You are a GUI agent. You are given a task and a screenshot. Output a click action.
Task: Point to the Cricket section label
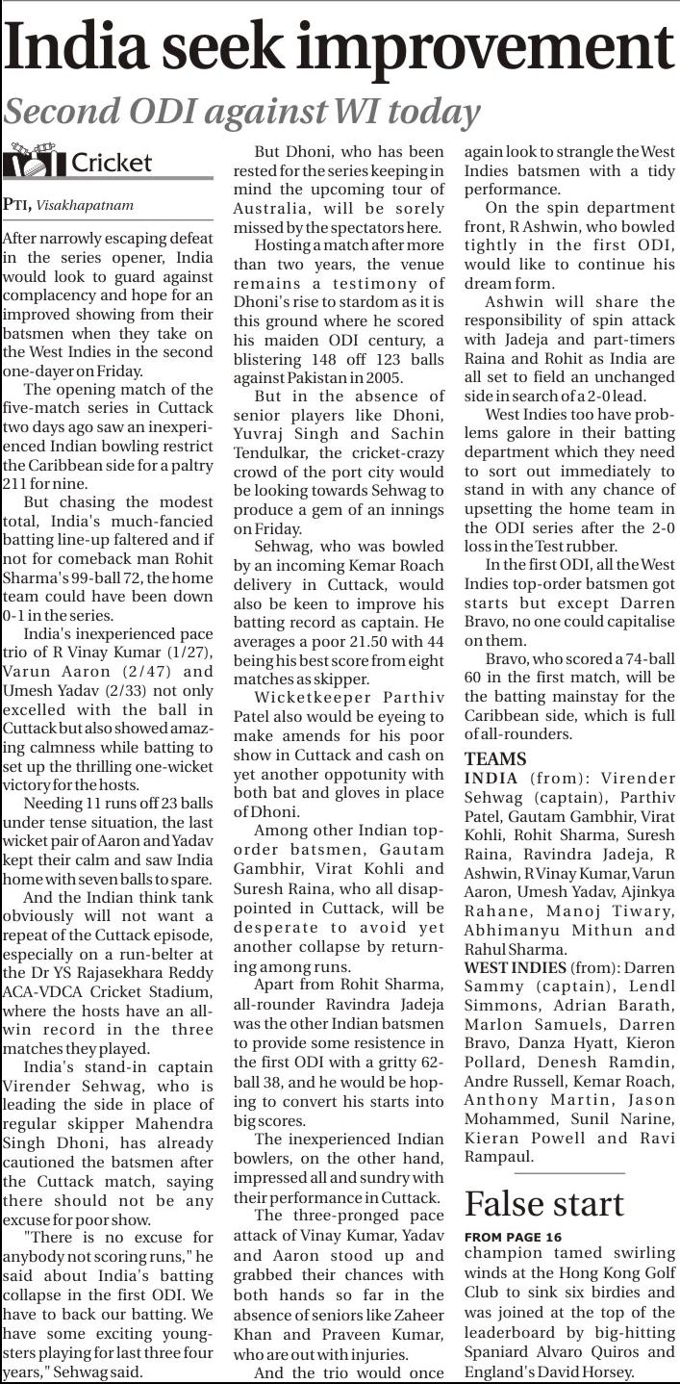[x=112, y=162]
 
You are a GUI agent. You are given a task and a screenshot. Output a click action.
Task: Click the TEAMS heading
[x=494, y=758]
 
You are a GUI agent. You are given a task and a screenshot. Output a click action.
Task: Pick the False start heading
[x=544, y=1204]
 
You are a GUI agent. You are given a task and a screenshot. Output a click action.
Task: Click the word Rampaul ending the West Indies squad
[x=498, y=1155]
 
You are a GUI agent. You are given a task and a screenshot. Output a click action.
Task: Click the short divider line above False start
[x=544, y=1173]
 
